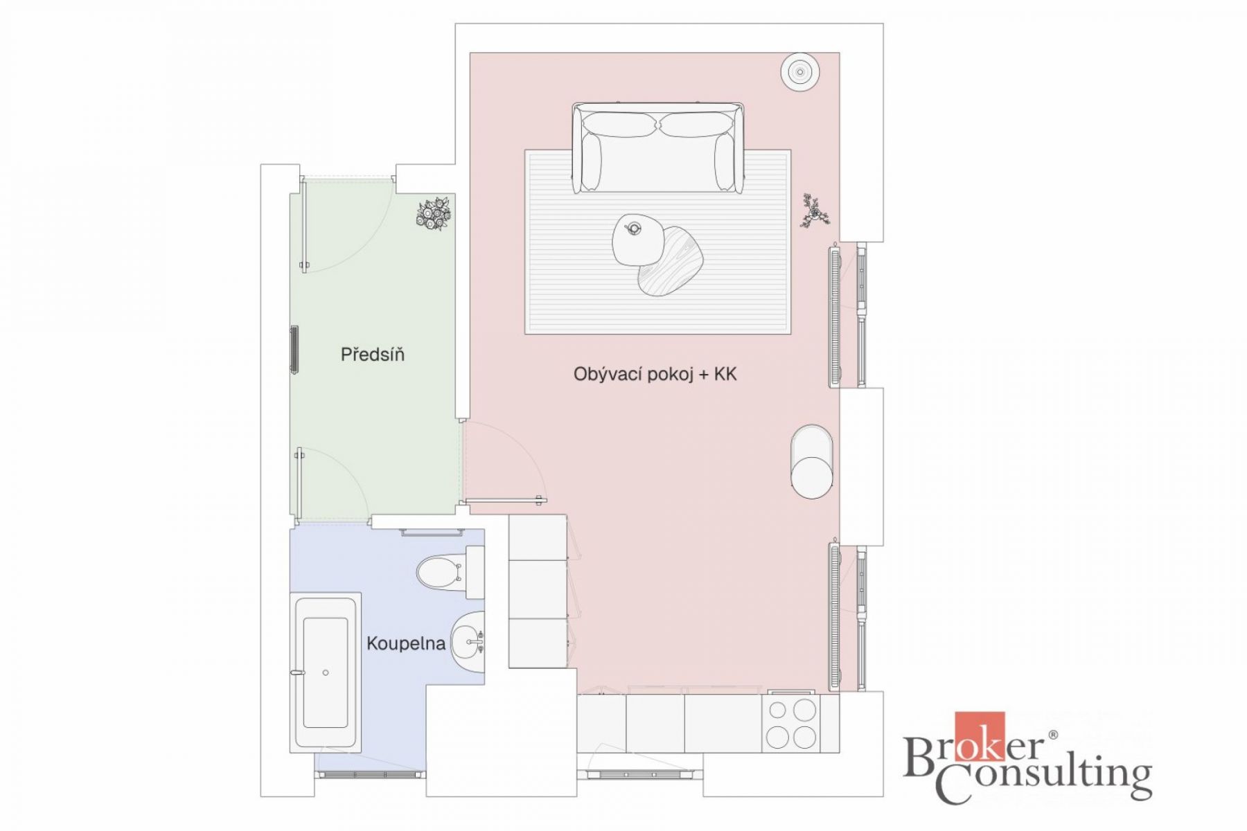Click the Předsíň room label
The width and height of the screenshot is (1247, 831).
(x=372, y=355)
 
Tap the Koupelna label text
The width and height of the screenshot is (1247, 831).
(x=405, y=643)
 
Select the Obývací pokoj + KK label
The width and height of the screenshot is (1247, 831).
(x=655, y=375)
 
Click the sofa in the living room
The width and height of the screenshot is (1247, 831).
(x=658, y=148)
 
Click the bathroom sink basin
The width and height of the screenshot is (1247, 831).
(x=468, y=642)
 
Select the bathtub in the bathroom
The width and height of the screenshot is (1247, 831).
(x=326, y=672)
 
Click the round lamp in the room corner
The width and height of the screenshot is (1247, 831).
(x=801, y=71)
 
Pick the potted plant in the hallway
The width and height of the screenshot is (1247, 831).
(x=434, y=214)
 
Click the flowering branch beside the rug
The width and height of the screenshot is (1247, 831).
(x=815, y=212)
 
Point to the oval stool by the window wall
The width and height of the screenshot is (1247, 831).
(x=811, y=461)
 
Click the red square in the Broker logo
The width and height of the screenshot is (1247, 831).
(x=980, y=737)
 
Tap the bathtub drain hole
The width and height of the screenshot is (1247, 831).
(x=326, y=672)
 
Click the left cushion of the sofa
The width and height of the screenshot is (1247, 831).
(x=619, y=125)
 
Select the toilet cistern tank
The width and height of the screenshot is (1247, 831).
(x=475, y=573)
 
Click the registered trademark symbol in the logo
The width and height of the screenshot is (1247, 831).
(x=1053, y=735)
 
